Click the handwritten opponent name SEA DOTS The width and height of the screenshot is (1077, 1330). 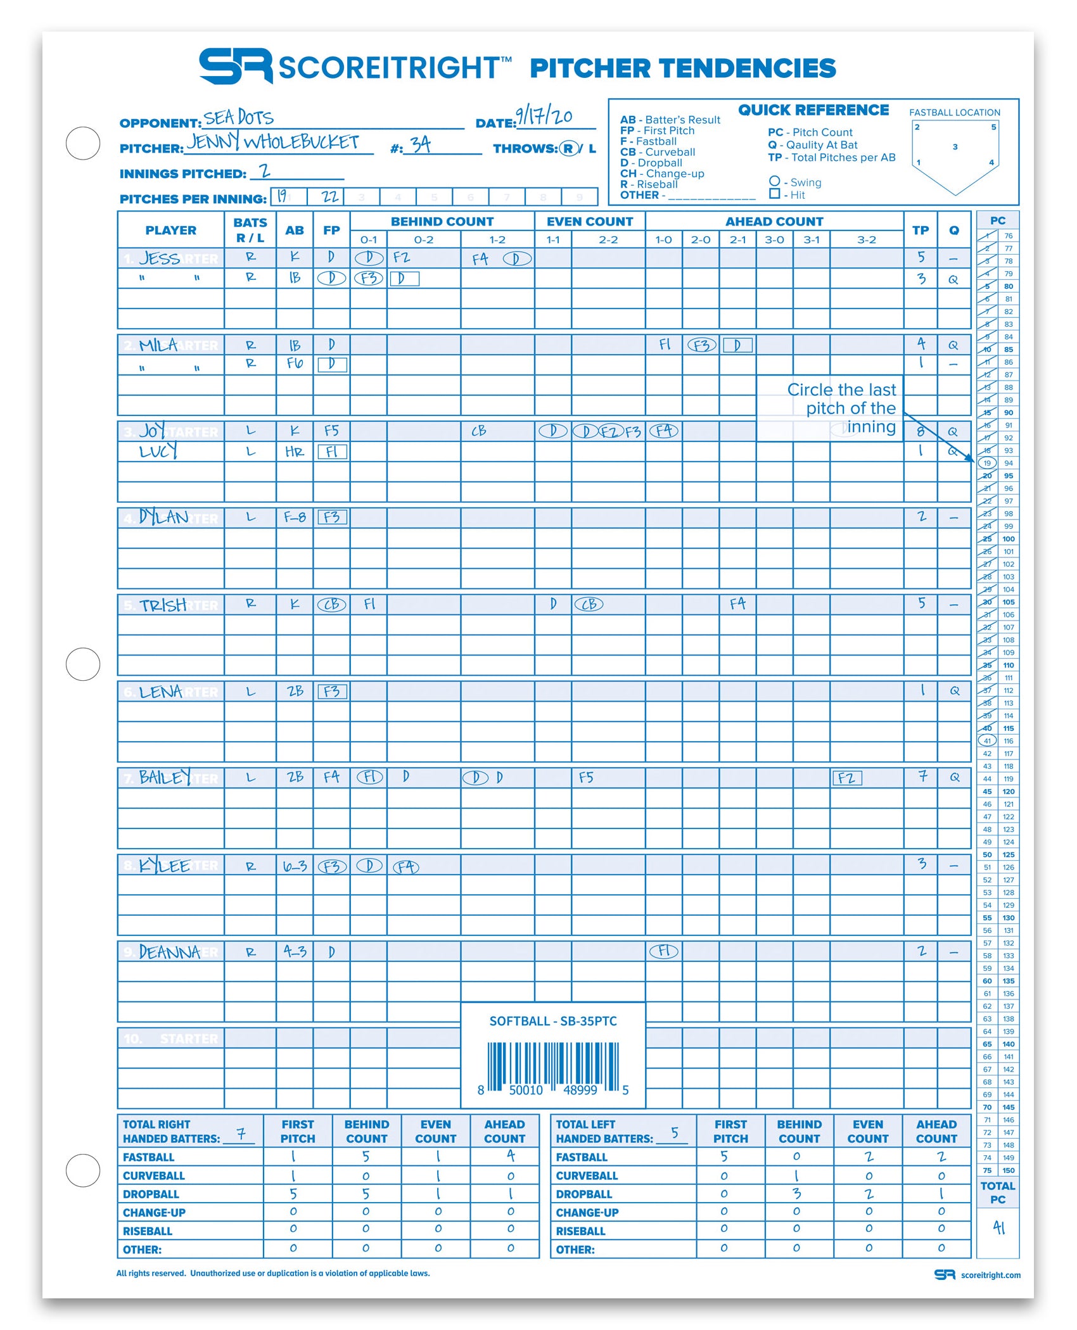point(239,118)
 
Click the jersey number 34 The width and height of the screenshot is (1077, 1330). point(420,145)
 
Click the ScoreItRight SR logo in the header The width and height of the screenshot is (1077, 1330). point(236,66)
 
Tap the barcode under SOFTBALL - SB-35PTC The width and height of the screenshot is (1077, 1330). point(553,1066)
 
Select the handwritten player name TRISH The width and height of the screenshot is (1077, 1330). point(163,605)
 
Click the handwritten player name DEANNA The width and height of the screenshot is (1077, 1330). point(169,953)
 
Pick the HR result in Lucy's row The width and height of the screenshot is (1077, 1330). point(295,452)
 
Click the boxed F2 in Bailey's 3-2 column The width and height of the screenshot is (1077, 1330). point(847,778)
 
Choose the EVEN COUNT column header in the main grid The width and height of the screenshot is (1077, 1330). point(590,222)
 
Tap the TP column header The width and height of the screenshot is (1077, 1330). point(921,231)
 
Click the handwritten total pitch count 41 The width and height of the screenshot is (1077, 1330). point(998,1227)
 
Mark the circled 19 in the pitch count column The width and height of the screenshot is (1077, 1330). point(987,463)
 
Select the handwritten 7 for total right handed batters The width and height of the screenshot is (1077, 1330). point(241,1134)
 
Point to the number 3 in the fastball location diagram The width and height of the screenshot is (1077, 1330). point(955,148)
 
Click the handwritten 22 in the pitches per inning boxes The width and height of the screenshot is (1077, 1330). point(329,197)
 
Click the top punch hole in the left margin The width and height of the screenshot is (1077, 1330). point(83,143)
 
